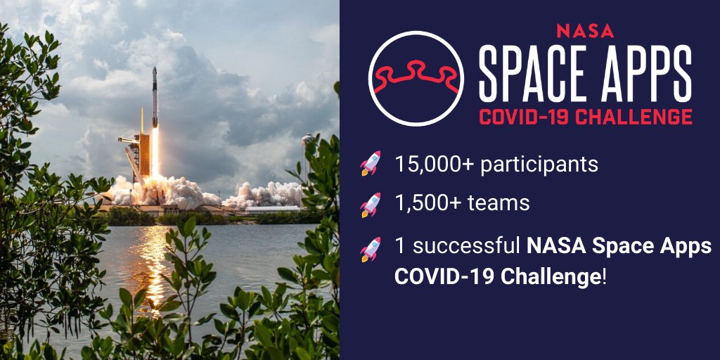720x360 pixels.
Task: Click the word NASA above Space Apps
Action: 584,31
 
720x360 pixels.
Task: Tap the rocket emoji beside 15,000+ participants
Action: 371,163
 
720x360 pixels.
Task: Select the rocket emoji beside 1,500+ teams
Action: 371,205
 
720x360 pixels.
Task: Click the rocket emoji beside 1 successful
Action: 371,248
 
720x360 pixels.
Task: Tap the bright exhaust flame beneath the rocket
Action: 155,151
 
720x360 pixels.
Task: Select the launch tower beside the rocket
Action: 142,151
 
